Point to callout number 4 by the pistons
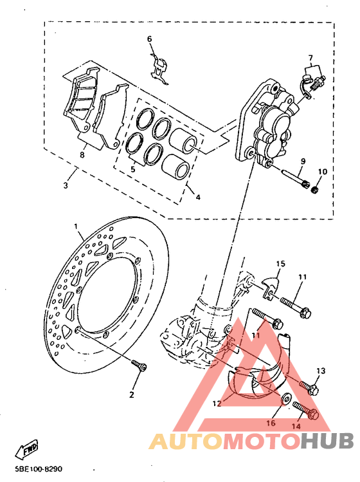coord(198,197)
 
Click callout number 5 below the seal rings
coord(133,169)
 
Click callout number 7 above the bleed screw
coord(310,59)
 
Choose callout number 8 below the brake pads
coord(82,154)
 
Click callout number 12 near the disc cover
coord(217,403)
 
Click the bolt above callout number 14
coord(305,410)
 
